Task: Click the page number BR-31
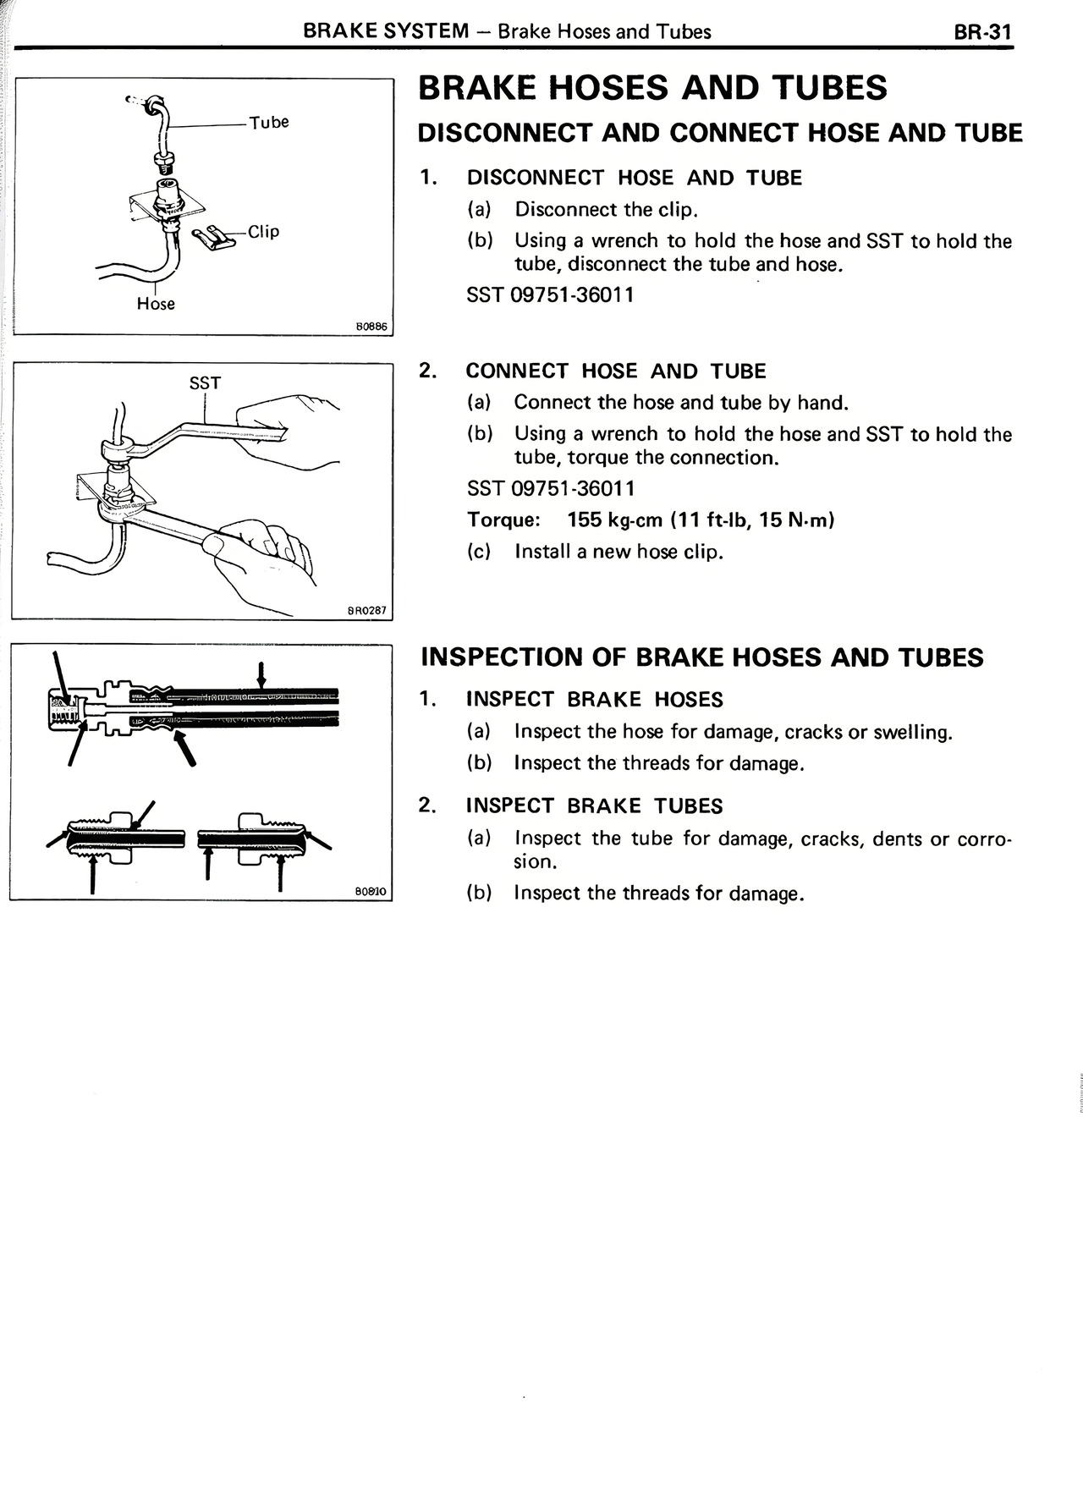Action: pyautogui.click(x=982, y=32)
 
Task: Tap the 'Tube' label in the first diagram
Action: pyautogui.click(x=269, y=122)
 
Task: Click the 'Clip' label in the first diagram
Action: pyautogui.click(x=263, y=231)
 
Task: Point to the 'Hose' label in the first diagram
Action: pyautogui.click(x=156, y=304)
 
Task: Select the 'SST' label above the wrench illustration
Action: pyautogui.click(x=205, y=383)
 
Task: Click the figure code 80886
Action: pyautogui.click(x=371, y=326)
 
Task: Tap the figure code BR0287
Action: pyautogui.click(x=367, y=610)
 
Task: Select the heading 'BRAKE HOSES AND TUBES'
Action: pyautogui.click(x=653, y=88)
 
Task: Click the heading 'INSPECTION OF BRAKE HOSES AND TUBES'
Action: pyautogui.click(x=702, y=657)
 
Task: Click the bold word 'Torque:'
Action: pyautogui.click(x=504, y=520)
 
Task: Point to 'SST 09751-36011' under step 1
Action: pyautogui.click(x=550, y=295)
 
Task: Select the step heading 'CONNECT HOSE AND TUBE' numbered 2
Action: pyautogui.click(x=616, y=371)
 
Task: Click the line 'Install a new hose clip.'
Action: pyautogui.click(x=619, y=552)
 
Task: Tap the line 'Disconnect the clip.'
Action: pyautogui.click(x=606, y=209)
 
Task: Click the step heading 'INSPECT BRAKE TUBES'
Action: pyautogui.click(x=594, y=805)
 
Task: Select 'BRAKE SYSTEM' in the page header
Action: pyautogui.click(x=386, y=32)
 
